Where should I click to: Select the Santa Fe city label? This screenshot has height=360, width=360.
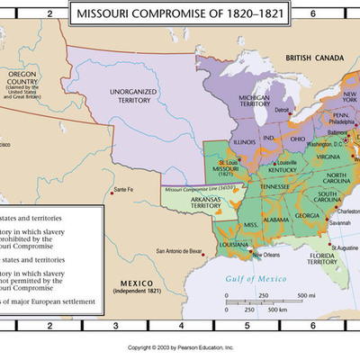122,190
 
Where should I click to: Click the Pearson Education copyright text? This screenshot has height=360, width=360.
180,346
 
